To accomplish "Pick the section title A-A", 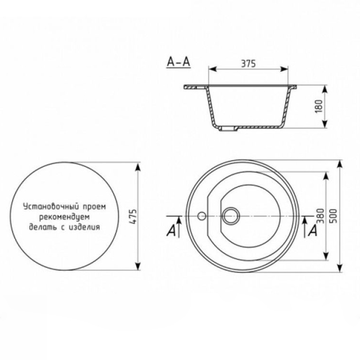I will coord(178,62).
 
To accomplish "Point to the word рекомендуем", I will coord(64,216).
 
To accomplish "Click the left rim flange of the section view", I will coord(194,87).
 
